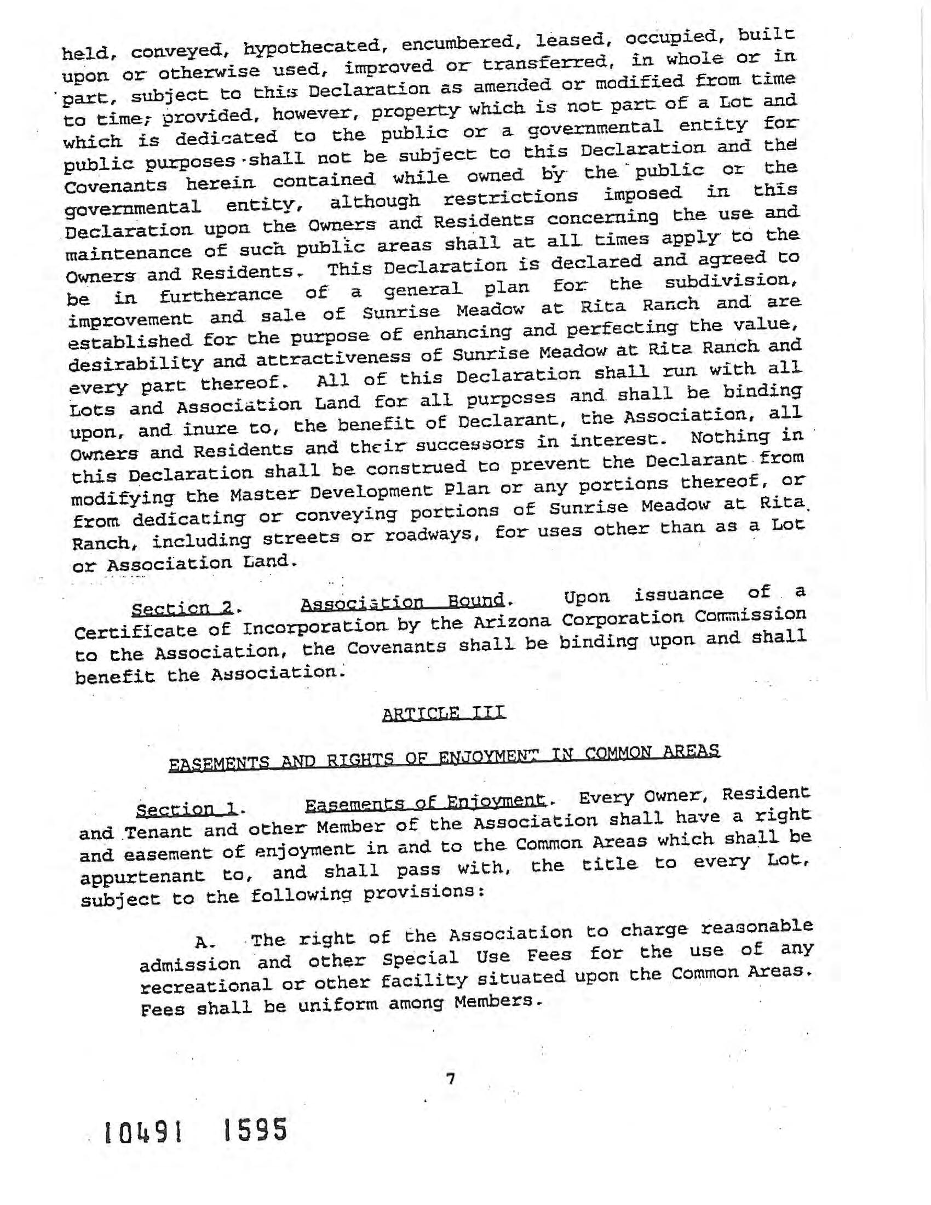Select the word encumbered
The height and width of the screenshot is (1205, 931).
coord(459,43)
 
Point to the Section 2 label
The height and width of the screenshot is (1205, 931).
coord(182,608)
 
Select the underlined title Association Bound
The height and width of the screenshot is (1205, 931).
coord(403,601)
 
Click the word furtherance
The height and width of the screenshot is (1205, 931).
coord(221,296)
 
